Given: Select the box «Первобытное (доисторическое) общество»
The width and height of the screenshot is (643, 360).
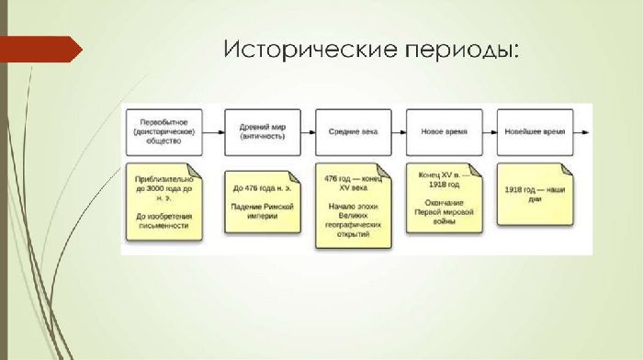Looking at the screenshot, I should [165, 131].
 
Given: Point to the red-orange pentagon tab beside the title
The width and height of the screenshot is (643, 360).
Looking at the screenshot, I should [40, 49].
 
